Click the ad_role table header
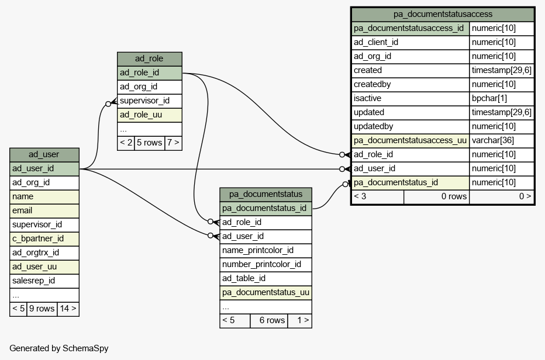point(150,58)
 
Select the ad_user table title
point(44,155)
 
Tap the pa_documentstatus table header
point(265,194)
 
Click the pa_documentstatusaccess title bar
point(443,14)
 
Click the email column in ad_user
point(44,210)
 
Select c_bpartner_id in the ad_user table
point(44,238)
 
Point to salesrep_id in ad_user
point(44,281)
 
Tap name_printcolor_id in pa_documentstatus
point(265,251)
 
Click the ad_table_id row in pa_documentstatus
point(265,278)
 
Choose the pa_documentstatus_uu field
point(265,293)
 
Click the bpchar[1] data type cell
point(502,98)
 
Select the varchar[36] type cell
point(502,140)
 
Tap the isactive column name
point(410,98)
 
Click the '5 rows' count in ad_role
point(150,143)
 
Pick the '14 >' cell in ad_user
point(68,309)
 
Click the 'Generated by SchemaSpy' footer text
point(58,348)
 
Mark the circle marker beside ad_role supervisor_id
point(108,104)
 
